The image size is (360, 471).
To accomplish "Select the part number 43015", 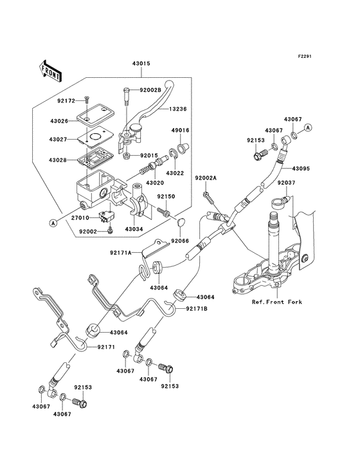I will click(141, 64).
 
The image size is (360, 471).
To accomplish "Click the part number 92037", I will click(287, 183).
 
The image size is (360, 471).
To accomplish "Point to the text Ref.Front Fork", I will click(278, 302).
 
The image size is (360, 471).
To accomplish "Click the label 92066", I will click(180, 241).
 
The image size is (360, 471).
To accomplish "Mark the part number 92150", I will click(166, 197).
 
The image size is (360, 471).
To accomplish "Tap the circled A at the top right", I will click(308, 127).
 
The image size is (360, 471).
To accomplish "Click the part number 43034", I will click(134, 229).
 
